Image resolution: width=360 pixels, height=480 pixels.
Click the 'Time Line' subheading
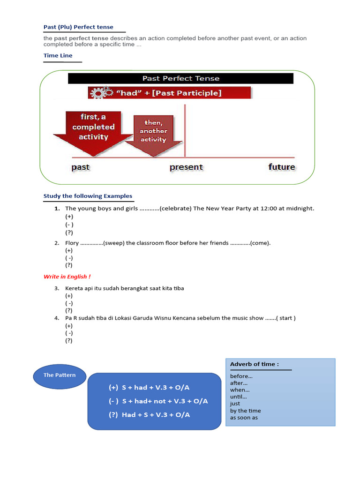[x=58, y=55]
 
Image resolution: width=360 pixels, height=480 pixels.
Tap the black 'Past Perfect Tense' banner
[x=180, y=78]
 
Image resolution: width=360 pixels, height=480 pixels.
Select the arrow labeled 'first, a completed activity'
[x=93, y=131]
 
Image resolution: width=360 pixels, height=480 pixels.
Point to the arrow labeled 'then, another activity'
[x=153, y=133]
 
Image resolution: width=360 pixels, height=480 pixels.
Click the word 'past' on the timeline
[x=80, y=167]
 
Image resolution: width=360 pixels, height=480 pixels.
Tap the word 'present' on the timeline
[x=186, y=167]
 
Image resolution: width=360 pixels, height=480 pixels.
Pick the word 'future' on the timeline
[x=281, y=167]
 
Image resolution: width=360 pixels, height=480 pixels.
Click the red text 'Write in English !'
[x=67, y=277]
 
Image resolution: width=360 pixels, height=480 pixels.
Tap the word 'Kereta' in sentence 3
[x=74, y=288]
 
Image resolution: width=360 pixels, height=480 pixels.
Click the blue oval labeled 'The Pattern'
[x=59, y=375]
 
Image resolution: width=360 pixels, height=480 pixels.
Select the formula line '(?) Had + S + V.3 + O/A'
[x=149, y=415]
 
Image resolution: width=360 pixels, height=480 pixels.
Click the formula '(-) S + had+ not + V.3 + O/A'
[x=158, y=401]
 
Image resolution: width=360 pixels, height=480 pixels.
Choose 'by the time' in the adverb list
[x=245, y=411]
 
